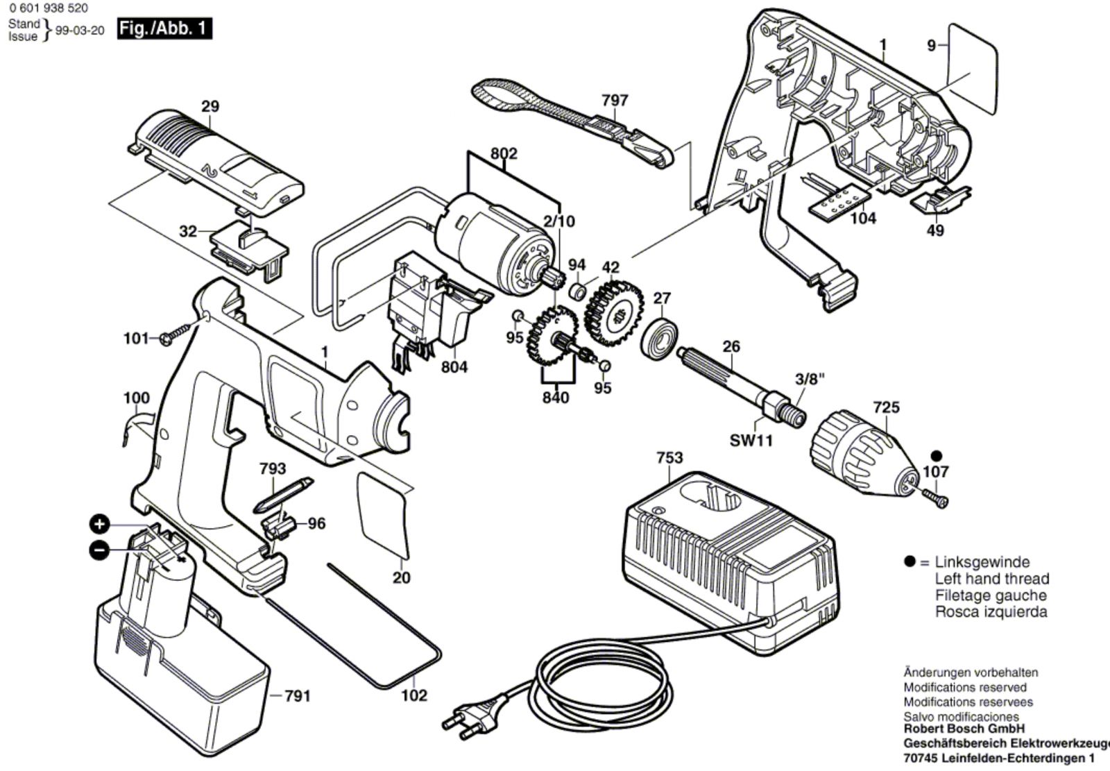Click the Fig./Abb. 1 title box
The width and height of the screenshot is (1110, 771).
164,28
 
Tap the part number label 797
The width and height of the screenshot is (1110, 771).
615,100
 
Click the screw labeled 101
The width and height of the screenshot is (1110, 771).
176,334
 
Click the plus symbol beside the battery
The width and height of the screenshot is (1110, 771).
99,525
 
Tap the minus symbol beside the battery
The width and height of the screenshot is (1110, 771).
99,550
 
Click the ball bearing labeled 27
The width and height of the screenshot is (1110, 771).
660,339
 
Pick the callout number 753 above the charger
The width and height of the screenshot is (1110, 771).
669,457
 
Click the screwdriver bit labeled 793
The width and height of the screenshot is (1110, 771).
282,495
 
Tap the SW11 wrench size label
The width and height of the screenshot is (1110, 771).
751,440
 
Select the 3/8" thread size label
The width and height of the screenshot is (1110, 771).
810,380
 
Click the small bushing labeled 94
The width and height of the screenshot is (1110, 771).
577,291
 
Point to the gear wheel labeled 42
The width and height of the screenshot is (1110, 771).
614,313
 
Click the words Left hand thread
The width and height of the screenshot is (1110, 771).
992,579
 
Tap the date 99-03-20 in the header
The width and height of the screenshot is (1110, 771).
80,31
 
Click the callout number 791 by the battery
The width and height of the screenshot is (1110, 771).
298,696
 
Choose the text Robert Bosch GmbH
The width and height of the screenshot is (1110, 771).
964,729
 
